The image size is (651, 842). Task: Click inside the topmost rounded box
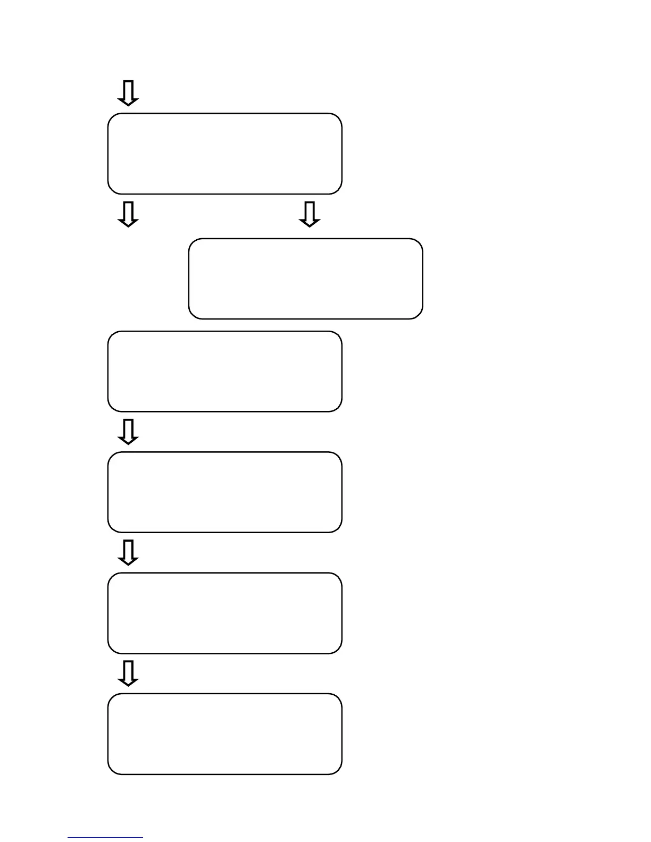(224, 154)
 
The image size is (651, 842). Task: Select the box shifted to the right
(306, 279)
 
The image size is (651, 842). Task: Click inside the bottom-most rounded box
(224, 734)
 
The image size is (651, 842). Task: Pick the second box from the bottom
(224, 613)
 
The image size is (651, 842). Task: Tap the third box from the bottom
(224, 492)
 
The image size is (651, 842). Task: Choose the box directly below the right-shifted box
(224, 371)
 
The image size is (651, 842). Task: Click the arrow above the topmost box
(128, 93)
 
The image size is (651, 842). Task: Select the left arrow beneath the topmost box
(128, 214)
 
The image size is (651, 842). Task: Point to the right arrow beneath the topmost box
(310, 214)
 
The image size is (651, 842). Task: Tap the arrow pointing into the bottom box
(128, 673)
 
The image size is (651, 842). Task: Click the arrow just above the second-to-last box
(128, 553)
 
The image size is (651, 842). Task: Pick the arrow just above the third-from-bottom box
(128, 432)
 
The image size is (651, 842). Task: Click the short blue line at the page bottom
(105, 838)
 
